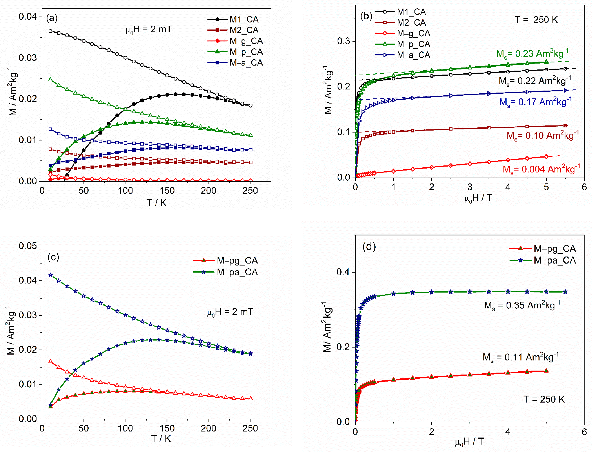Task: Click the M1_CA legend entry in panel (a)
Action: [244, 19]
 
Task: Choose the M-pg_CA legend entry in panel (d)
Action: [554, 248]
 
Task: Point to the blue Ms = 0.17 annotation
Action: [535, 102]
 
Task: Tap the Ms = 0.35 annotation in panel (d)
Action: [522, 305]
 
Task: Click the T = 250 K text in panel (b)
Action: [536, 20]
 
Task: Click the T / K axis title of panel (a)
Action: [157, 203]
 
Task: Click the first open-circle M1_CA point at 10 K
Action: [50, 31]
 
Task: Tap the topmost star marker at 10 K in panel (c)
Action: [50, 275]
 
